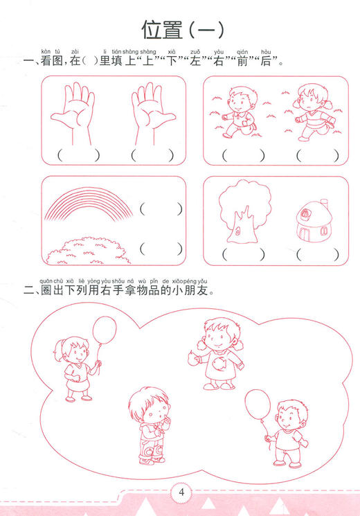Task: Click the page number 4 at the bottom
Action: (x=181, y=493)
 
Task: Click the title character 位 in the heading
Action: (x=153, y=30)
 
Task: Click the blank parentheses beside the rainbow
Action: (x=161, y=208)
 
